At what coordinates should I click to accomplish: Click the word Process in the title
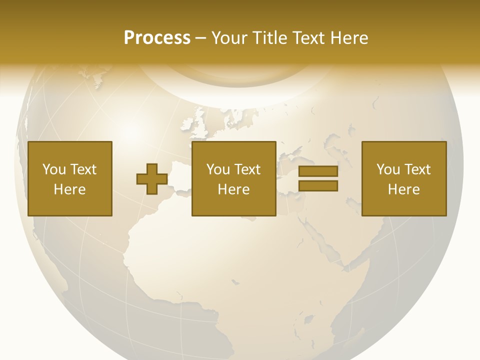point(157,38)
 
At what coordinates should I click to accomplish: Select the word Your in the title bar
point(230,38)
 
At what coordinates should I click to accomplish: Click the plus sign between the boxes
point(152,179)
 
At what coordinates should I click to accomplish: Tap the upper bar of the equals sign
point(318,171)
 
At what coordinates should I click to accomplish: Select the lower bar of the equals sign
point(318,185)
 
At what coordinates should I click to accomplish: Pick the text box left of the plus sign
point(70,178)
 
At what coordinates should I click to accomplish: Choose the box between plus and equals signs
point(234,178)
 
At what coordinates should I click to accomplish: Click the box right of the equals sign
point(404,178)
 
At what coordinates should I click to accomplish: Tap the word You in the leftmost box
point(53,169)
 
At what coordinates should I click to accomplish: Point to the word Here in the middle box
point(234,189)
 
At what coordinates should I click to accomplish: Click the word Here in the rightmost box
point(404,189)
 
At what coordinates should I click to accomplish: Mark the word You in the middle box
point(217,169)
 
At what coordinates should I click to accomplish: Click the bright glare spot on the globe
point(131,132)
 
